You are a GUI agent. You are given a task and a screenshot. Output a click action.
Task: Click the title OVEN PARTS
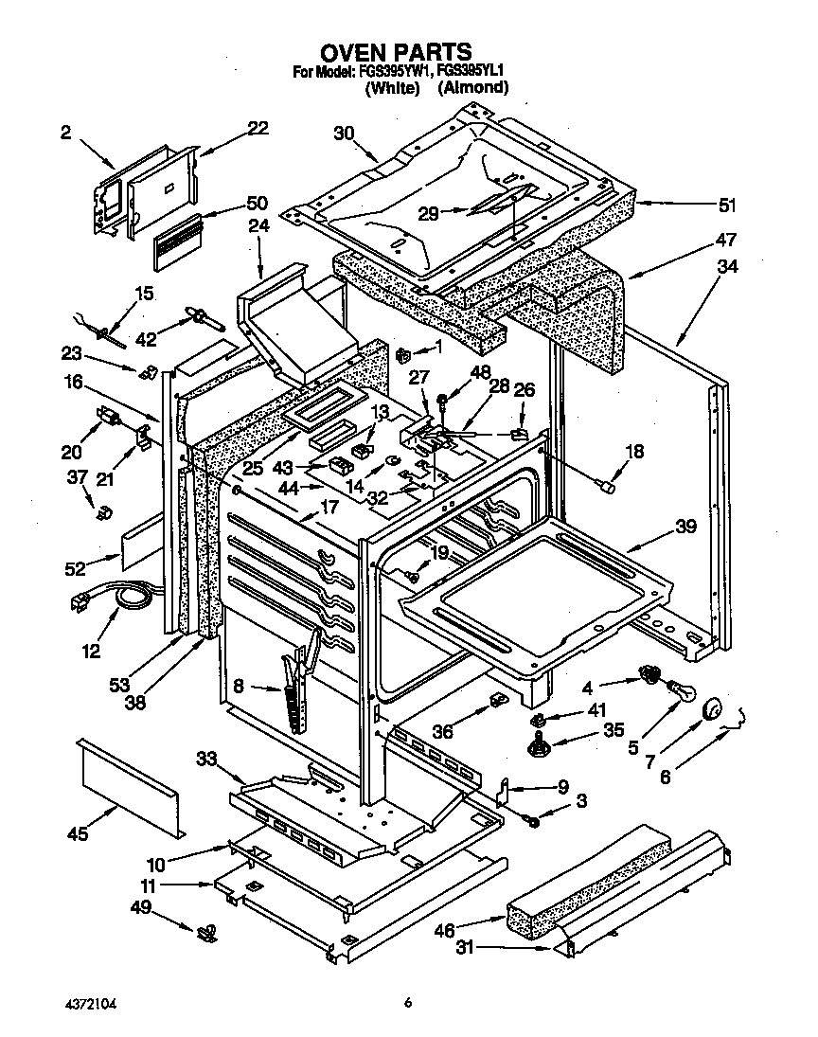(395, 50)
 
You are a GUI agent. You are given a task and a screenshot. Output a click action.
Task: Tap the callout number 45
(79, 833)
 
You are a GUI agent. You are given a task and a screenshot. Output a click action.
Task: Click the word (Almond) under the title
(472, 88)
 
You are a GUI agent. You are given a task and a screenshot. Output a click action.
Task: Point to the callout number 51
(727, 205)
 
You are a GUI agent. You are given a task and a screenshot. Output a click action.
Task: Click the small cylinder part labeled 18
(609, 486)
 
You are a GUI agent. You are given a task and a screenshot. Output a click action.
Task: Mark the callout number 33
(207, 758)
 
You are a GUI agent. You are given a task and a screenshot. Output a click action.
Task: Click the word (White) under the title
(392, 88)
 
